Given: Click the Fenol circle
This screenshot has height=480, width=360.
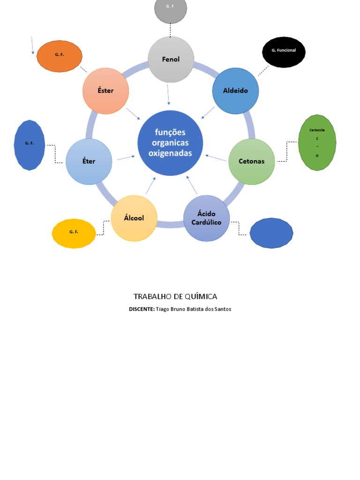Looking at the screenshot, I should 171,60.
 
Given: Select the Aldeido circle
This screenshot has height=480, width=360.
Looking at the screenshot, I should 235,91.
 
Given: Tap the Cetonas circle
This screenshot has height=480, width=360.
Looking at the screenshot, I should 251,161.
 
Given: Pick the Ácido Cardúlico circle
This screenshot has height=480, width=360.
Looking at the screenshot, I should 206,218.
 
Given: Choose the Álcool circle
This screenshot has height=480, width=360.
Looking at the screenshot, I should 134,218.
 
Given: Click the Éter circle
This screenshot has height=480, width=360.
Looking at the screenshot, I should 89,161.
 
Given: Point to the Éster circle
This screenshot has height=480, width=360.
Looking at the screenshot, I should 105,91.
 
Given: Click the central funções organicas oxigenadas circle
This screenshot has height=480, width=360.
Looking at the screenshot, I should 170,143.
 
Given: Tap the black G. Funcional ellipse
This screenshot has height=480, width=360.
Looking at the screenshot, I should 284,52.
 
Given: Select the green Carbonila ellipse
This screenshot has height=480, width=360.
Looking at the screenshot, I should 317,142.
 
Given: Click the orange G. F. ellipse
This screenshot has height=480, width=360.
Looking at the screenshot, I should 60,56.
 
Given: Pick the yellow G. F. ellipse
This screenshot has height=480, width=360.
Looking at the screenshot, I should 74,233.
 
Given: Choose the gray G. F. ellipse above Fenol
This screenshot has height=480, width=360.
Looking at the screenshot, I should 171,9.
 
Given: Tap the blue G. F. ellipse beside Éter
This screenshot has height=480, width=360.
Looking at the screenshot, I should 30,145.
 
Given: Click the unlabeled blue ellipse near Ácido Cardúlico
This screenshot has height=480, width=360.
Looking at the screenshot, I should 271,233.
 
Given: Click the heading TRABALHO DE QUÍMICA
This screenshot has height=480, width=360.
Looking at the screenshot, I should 175,296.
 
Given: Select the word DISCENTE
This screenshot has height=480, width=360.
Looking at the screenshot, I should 142,309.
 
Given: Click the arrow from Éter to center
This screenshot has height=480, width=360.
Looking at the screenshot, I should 125,157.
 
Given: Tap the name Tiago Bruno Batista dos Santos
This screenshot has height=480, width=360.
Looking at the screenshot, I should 194,309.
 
